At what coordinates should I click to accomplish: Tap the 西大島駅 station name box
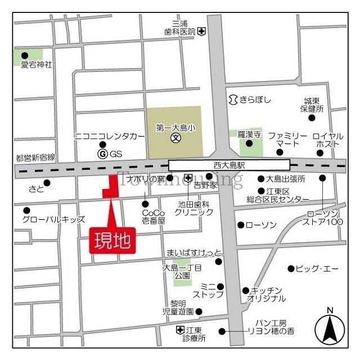pos(229,165)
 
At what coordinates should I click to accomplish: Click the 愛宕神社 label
pos(36,65)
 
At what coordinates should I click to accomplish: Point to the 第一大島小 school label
pos(175,128)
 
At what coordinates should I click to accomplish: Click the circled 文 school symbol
pos(175,137)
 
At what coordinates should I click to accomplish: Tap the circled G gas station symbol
pos(102,154)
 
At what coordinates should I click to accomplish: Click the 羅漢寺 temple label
pos(248,134)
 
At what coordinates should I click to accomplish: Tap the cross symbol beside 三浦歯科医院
pos(201,32)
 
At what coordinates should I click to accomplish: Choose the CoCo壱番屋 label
pos(153,217)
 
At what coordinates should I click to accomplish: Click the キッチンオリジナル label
pos(269,295)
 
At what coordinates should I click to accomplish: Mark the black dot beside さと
pos(47,182)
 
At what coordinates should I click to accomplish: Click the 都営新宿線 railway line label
pos(35,157)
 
